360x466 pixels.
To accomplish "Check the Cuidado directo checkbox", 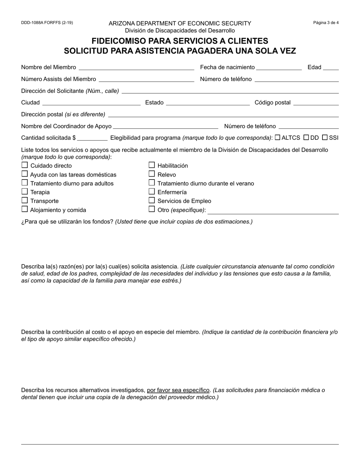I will click(x=25, y=165).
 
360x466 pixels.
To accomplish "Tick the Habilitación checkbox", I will click(x=152, y=165).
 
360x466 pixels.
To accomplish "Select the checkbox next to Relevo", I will click(x=152, y=174).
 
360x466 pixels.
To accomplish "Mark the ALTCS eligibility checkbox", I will click(x=277, y=138).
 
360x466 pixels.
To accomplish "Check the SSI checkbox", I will click(x=325, y=138).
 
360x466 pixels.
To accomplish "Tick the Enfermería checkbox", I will click(x=152, y=192).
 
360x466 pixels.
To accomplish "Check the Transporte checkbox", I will click(x=25, y=200).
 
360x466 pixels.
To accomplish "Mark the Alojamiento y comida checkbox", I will click(x=25, y=209).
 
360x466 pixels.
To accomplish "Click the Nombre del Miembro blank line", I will click(x=136, y=67).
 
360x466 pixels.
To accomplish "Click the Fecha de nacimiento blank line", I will click(x=279, y=67).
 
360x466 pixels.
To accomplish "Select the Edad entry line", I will click(x=331, y=67).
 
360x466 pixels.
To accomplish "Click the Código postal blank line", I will click(x=316, y=103).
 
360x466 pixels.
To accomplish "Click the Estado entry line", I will click(x=208, y=103).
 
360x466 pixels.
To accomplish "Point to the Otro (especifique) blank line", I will click(x=273, y=211).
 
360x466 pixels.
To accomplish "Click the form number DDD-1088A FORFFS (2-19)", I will click(x=47, y=23).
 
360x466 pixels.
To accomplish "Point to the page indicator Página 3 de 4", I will click(x=326, y=23).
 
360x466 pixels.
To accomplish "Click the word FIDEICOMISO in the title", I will click(x=120, y=41).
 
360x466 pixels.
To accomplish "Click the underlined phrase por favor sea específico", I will click(x=178, y=390).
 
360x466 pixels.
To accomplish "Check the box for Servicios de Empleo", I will click(x=152, y=200).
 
